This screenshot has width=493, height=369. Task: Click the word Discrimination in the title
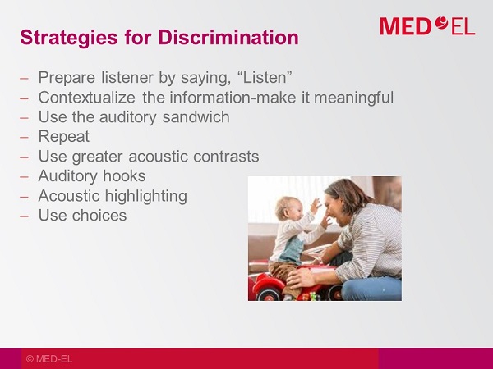(x=228, y=38)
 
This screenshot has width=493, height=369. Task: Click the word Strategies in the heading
(x=69, y=38)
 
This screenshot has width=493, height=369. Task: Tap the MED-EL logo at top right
(x=427, y=25)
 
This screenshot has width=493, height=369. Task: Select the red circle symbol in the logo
(x=442, y=23)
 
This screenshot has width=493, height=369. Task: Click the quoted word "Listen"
(x=264, y=77)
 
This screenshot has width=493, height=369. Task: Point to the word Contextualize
(x=87, y=98)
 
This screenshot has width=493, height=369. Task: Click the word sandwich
(x=196, y=116)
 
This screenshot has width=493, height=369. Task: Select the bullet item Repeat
(x=64, y=137)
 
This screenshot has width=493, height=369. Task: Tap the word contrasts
(x=226, y=157)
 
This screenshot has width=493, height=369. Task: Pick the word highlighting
(x=146, y=196)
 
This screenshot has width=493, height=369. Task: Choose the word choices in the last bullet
(x=99, y=215)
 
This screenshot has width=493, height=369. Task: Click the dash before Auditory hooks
(x=24, y=176)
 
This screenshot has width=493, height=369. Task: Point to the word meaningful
(x=353, y=98)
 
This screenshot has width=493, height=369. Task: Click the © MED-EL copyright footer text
(x=49, y=359)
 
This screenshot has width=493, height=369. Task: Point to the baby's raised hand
(x=316, y=206)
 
